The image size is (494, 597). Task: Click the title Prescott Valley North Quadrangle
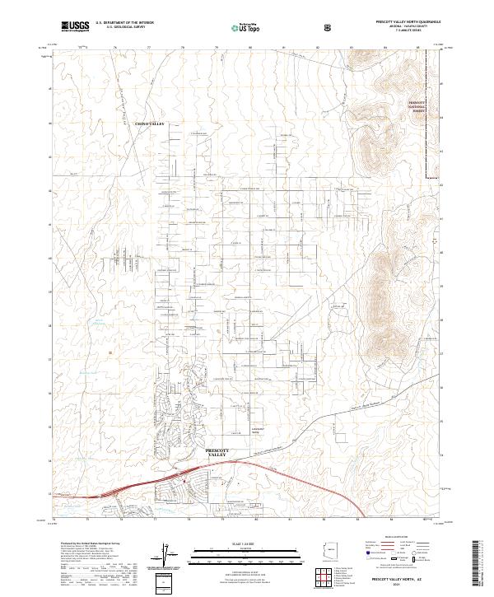click(395, 22)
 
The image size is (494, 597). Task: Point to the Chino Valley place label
click(150, 124)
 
